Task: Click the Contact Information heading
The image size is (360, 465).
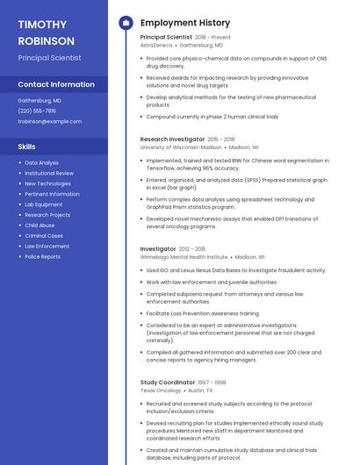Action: [56, 84]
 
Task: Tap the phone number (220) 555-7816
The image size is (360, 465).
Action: [37, 111]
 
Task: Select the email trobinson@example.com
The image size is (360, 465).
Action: [49, 121]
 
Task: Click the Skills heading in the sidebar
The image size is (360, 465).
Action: [27, 147]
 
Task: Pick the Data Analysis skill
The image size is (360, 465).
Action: [41, 162]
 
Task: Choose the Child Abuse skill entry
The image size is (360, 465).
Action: [40, 225]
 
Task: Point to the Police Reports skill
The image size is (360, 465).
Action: [42, 257]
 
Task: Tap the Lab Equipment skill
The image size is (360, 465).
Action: [43, 204]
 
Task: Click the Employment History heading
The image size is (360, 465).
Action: [185, 23]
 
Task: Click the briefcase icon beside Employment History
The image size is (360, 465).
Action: [125, 23]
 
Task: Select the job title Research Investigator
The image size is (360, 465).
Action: [172, 139]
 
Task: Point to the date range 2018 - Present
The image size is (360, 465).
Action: [212, 38]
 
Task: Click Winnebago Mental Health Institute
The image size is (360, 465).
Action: [184, 257]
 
